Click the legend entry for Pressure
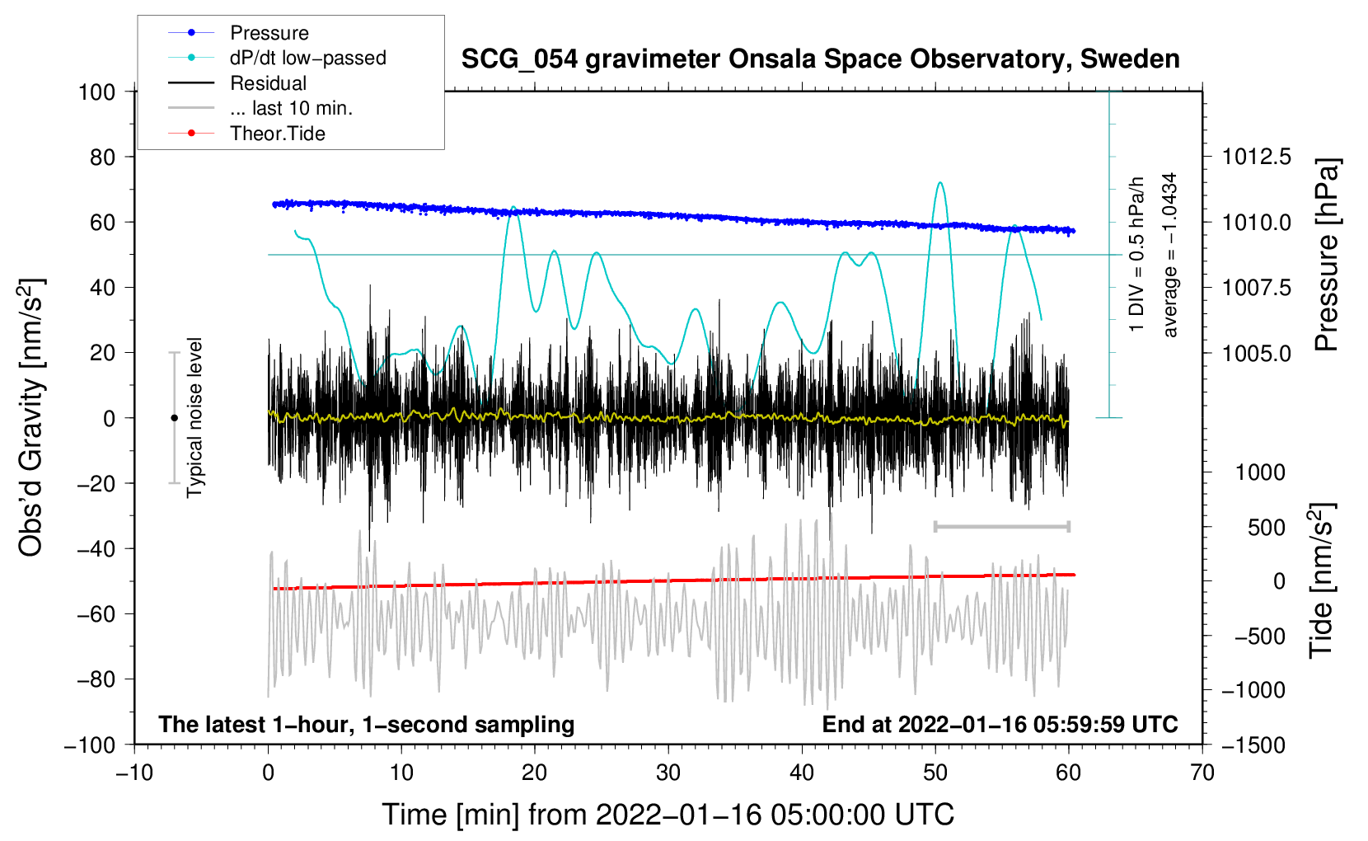239,32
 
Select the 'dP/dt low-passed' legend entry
277,58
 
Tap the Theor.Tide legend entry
246,134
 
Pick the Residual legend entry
237,83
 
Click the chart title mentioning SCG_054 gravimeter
820,59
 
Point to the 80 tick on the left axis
102,157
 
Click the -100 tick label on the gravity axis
90,745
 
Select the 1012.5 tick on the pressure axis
1256,157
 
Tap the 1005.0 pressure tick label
1256,353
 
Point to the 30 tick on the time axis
668,773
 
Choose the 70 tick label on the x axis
1202,773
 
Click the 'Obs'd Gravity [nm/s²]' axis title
30,417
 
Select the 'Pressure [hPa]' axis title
1327,255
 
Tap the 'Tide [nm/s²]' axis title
1322,580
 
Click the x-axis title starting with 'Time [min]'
668,815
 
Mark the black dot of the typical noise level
174,418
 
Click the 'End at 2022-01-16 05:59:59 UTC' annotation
1000,724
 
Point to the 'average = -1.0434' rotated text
1169,255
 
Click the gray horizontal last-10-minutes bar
1001,526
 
